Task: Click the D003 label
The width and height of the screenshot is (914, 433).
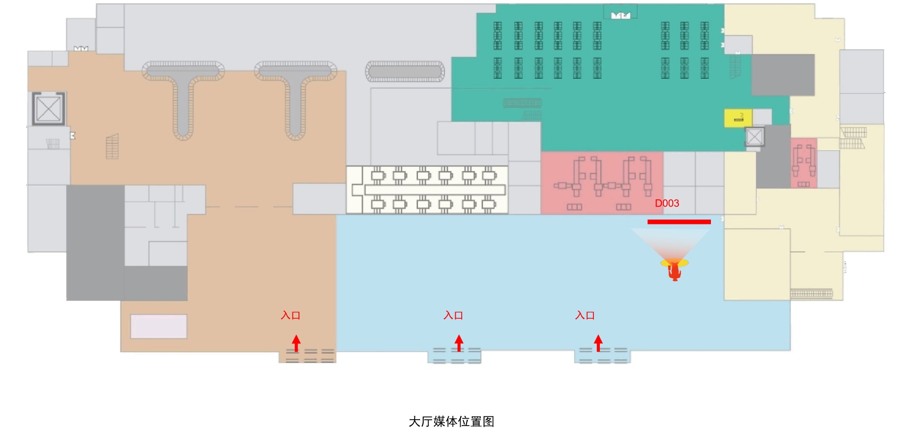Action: point(667,203)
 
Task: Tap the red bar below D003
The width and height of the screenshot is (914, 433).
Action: point(678,222)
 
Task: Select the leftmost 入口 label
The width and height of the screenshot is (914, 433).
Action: point(290,315)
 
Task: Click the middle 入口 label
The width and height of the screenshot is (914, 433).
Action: point(453,315)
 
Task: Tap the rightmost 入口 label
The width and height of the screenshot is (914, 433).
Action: point(585,315)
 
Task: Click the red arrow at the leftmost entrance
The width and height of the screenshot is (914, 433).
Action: point(296,342)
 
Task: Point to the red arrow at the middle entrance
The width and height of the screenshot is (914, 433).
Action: point(459,342)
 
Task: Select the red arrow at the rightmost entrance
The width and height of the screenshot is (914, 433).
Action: point(598,342)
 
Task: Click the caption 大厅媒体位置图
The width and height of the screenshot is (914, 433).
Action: point(451,422)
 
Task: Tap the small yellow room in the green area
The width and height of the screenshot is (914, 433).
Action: point(737,118)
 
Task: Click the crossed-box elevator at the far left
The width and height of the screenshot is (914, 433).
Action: point(48,108)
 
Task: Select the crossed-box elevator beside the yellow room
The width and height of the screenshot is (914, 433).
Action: point(754,136)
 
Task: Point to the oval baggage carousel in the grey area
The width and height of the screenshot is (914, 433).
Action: point(405,72)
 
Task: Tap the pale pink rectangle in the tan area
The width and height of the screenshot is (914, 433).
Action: point(158,326)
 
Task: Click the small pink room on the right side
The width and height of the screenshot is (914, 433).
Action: point(803,163)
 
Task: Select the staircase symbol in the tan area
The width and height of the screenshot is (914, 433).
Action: point(112,147)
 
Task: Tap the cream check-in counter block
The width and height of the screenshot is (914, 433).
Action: point(427,189)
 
